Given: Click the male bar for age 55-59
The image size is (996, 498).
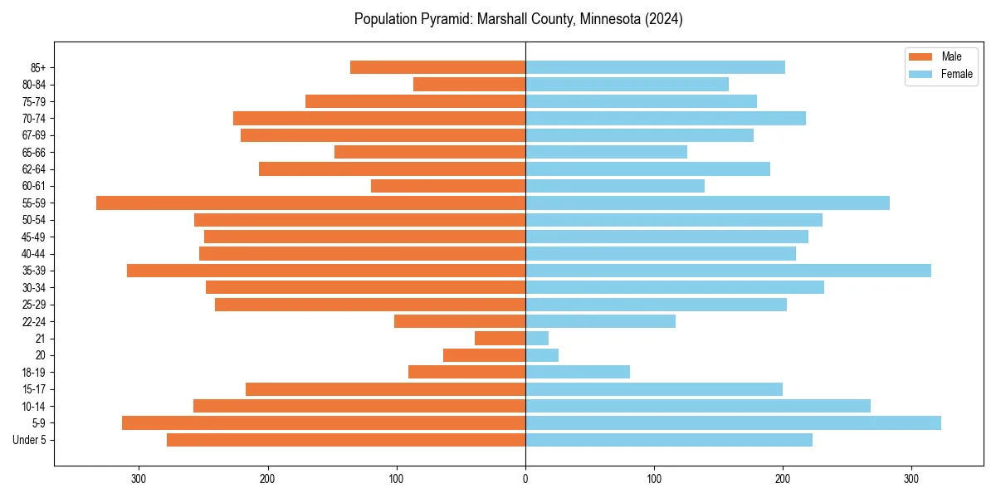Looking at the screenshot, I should tap(311, 203).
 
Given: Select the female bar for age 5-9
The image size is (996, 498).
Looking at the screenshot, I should tap(733, 422).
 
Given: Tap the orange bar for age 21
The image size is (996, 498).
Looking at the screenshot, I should tap(500, 338).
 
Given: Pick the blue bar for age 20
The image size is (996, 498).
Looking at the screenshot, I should tap(542, 355).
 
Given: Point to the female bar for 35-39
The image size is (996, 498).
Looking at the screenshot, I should tap(728, 271).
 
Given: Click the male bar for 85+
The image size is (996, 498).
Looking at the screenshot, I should tap(438, 67).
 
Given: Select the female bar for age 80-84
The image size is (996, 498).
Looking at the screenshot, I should tap(627, 84).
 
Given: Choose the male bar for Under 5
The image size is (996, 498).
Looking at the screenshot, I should tap(346, 440).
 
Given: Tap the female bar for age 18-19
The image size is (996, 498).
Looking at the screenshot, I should tap(578, 372).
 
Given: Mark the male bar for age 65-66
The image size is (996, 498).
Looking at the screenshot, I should tap(430, 152).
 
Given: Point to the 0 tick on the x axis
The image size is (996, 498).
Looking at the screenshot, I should tap(525, 479).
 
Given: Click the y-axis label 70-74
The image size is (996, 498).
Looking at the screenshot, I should tap(34, 118).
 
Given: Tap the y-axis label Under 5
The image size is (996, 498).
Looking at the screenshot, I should tap(30, 440).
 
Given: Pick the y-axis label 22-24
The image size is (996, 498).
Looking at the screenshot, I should tap(34, 321).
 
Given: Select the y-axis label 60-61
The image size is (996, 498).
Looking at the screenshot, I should tap(34, 186).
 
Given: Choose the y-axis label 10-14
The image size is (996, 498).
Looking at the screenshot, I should tap(34, 406).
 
